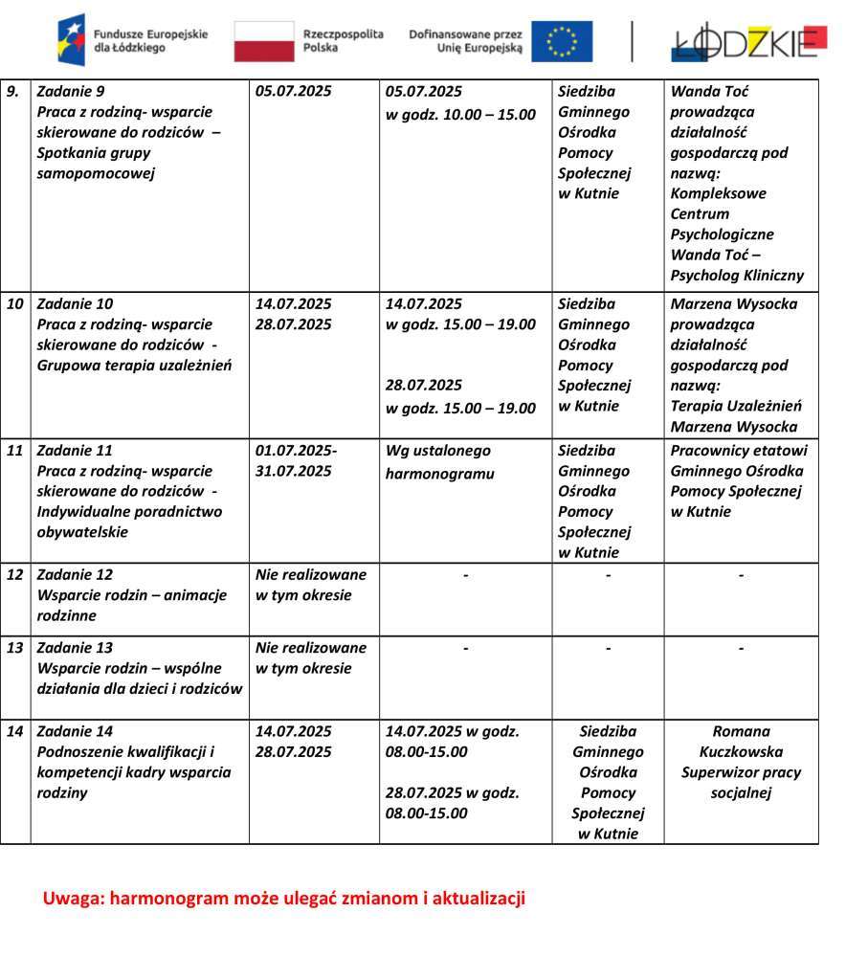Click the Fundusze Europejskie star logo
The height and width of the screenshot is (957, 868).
click(71, 40)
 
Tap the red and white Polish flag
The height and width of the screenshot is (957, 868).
click(264, 41)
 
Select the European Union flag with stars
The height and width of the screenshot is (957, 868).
click(562, 41)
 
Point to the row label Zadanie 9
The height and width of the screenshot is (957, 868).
click(71, 92)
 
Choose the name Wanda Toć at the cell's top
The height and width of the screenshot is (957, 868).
click(710, 92)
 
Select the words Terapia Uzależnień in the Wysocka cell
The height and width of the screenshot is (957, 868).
click(737, 406)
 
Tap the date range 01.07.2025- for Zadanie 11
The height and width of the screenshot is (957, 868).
click(296, 450)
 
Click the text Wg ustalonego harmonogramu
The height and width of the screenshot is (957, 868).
click(438, 461)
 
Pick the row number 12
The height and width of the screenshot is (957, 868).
click(15, 574)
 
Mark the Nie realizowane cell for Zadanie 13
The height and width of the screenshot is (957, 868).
click(311, 657)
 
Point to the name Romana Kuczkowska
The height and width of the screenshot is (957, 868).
click(741, 742)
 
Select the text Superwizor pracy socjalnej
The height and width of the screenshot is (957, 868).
click(741, 782)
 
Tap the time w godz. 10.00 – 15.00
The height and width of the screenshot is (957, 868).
click(460, 115)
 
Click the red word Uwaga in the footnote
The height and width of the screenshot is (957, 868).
click(73, 899)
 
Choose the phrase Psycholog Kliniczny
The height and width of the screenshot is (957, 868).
click(737, 276)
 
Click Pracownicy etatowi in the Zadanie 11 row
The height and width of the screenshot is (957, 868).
click(739, 450)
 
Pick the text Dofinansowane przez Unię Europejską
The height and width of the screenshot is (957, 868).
click(465, 40)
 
